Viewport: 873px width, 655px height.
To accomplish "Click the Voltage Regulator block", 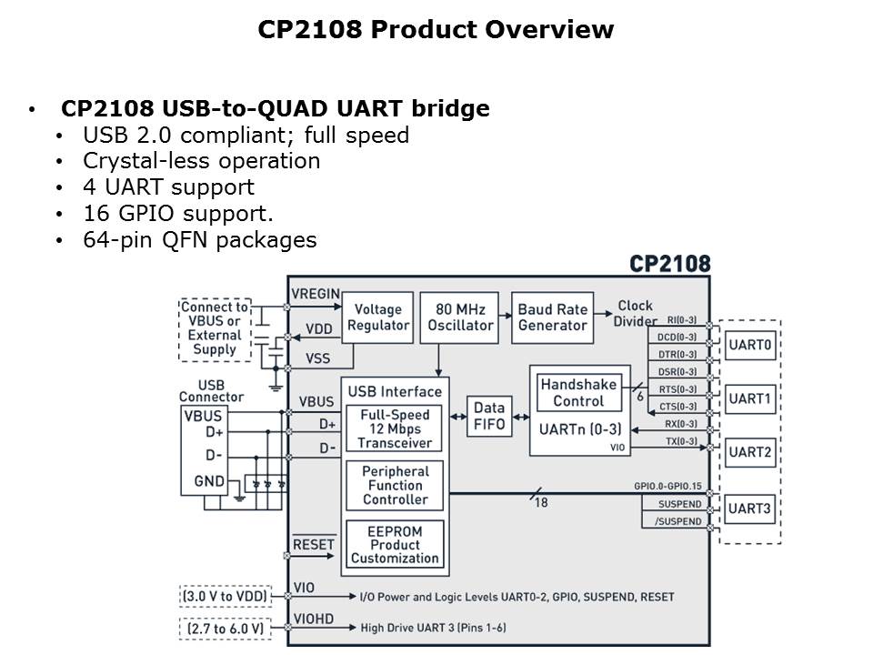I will tap(377, 317).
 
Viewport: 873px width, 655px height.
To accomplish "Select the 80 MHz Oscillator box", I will tap(459, 317).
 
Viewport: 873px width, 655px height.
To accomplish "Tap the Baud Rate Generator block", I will tap(552, 317).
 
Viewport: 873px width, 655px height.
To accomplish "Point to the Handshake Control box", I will tap(578, 393).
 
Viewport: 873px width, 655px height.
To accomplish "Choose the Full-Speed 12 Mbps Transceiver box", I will tap(395, 428).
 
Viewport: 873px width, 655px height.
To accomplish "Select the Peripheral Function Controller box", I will tap(395, 486).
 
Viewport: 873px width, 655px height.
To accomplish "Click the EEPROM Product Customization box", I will tap(395, 544).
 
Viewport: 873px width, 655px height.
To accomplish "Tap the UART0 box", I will tap(750, 346).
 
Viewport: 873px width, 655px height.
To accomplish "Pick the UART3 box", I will tap(750, 509).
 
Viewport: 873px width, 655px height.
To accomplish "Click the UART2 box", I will tap(750, 452).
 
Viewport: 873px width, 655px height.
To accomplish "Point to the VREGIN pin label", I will tap(316, 294).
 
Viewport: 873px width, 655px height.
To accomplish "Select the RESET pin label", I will tap(314, 544).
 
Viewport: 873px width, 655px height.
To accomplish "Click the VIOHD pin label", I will tap(314, 620).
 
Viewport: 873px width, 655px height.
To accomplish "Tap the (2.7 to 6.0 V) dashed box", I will tap(224, 629).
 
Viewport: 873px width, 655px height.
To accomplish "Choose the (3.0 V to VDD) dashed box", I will tap(224, 597).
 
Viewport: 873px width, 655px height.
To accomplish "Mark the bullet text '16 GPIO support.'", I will tap(178, 214).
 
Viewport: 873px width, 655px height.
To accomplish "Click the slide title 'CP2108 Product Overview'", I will tap(436, 30).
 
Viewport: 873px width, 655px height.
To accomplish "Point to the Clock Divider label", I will tap(636, 314).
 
